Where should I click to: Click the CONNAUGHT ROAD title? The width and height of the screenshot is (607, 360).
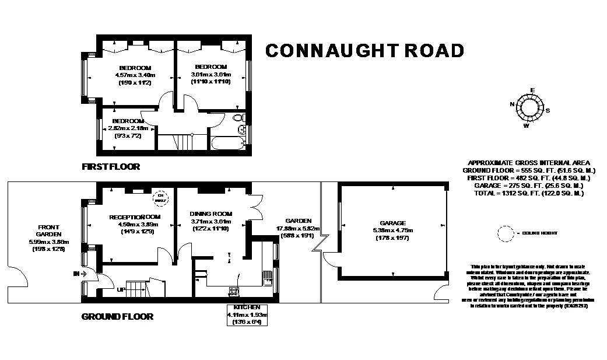click(x=364, y=51)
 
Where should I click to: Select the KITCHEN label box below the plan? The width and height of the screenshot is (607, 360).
click(x=247, y=314)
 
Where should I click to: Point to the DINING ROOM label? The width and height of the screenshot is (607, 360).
click(x=211, y=214)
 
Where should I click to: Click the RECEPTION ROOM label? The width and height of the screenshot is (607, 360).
click(x=135, y=217)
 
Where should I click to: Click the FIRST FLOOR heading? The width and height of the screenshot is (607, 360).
click(x=111, y=167)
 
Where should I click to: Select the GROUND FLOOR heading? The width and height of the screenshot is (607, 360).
click(x=117, y=317)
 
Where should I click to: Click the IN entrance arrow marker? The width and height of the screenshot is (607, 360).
click(x=80, y=273)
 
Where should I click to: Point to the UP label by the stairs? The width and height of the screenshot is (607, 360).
click(x=121, y=289)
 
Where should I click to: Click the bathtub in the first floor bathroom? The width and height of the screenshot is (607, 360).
click(x=230, y=142)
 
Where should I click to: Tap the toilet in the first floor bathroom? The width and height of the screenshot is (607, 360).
click(x=238, y=119)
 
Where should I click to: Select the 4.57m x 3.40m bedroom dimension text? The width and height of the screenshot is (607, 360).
click(x=135, y=75)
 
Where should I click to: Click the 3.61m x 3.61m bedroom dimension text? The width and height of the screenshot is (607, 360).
click(x=211, y=75)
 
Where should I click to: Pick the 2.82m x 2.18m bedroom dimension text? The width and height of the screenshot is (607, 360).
click(x=128, y=128)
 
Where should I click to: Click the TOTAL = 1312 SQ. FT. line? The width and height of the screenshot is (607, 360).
click(x=529, y=193)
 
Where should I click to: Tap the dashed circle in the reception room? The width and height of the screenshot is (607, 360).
click(x=159, y=198)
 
